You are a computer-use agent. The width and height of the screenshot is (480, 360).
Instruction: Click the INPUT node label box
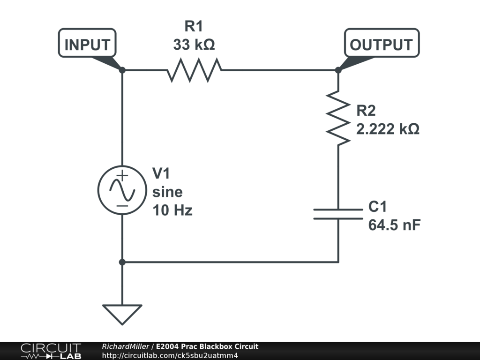click(87, 45)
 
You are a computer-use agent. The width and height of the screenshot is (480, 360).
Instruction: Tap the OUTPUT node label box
click(382, 45)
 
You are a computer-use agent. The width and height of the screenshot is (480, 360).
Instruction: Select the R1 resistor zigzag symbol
click(194, 70)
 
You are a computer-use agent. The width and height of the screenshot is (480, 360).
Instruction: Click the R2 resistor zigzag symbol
click(338, 117)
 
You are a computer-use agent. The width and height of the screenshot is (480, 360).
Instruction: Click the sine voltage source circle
click(122, 190)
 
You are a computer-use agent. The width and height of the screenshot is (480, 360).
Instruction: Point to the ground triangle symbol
click(122, 314)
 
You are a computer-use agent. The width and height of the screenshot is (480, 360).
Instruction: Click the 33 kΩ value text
click(194, 45)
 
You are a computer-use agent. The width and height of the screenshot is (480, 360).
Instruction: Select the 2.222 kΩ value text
click(388, 129)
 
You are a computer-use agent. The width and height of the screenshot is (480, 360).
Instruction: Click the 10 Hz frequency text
click(172, 210)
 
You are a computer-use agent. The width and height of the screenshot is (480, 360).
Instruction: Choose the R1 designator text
click(194, 26)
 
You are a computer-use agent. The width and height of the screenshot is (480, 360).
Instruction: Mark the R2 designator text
click(366, 111)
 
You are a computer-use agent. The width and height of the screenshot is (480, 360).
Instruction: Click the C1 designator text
click(378, 207)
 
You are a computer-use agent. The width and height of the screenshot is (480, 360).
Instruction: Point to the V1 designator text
click(162, 174)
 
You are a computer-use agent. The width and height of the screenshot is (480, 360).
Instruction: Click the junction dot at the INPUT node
click(122, 70)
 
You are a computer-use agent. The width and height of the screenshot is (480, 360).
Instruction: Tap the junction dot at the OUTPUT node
click(338, 70)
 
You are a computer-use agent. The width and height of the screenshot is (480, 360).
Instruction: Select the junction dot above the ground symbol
click(122, 262)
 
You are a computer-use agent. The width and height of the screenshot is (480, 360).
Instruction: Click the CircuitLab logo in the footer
click(51, 351)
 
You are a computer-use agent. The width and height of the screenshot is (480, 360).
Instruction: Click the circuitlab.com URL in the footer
click(170, 355)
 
